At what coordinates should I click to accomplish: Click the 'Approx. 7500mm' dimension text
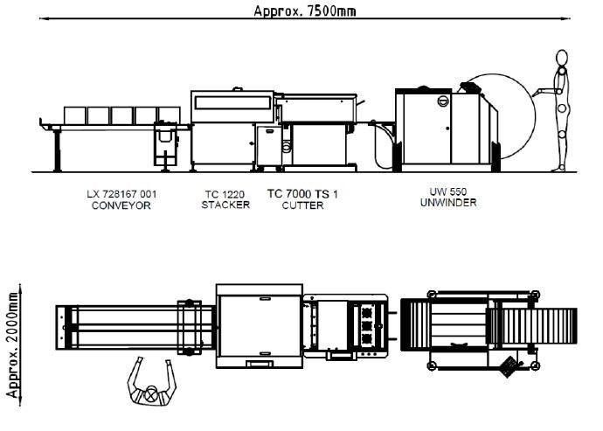(x=304, y=10)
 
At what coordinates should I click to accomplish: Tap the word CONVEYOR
(x=121, y=205)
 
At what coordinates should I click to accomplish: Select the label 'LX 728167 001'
(x=121, y=193)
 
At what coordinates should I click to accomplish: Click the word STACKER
(x=225, y=205)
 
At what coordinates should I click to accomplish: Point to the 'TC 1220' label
(x=225, y=193)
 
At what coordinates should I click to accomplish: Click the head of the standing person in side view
(x=561, y=59)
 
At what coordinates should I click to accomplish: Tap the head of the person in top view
(x=155, y=394)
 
